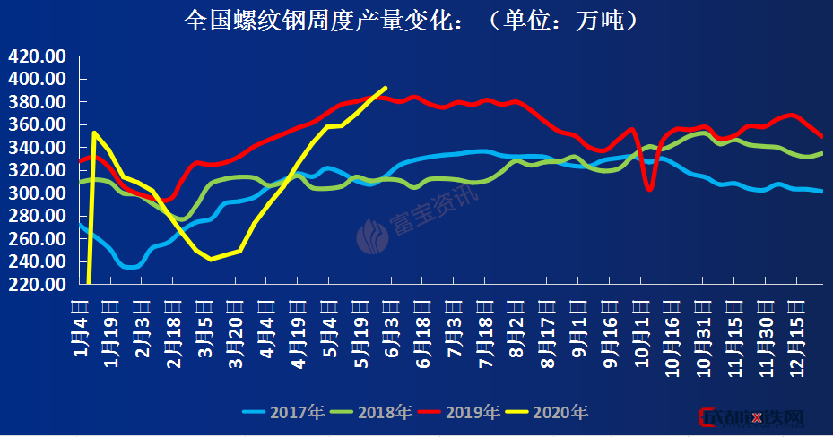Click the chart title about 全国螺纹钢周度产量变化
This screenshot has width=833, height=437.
pyautogui.click(x=412, y=20)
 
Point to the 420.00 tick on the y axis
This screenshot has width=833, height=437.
pyautogui.click(x=38, y=56)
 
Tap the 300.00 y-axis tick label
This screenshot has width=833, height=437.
pyautogui.click(x=38, y=193)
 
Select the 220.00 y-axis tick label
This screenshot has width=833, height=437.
pyautogui.click(x=38, y=285)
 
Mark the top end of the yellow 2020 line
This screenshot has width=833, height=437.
pyautogui.click(x=385, y=88)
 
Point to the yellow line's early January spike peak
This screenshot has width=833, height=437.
pyautogui.click(x=94, y=133)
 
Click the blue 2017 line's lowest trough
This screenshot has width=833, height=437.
pyautogui.click(x=129, y=267)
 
